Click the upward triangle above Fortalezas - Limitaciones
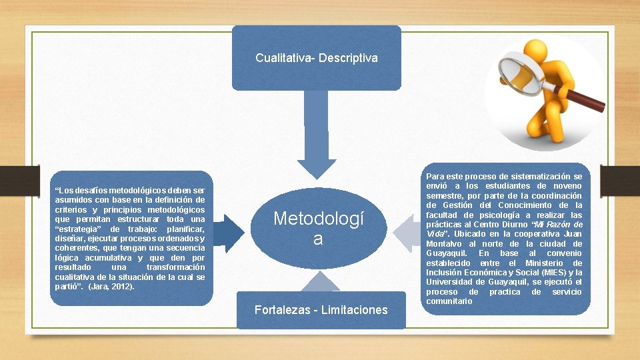point(320,283)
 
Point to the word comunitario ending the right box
point(449,301)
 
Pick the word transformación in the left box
point(175,267)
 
